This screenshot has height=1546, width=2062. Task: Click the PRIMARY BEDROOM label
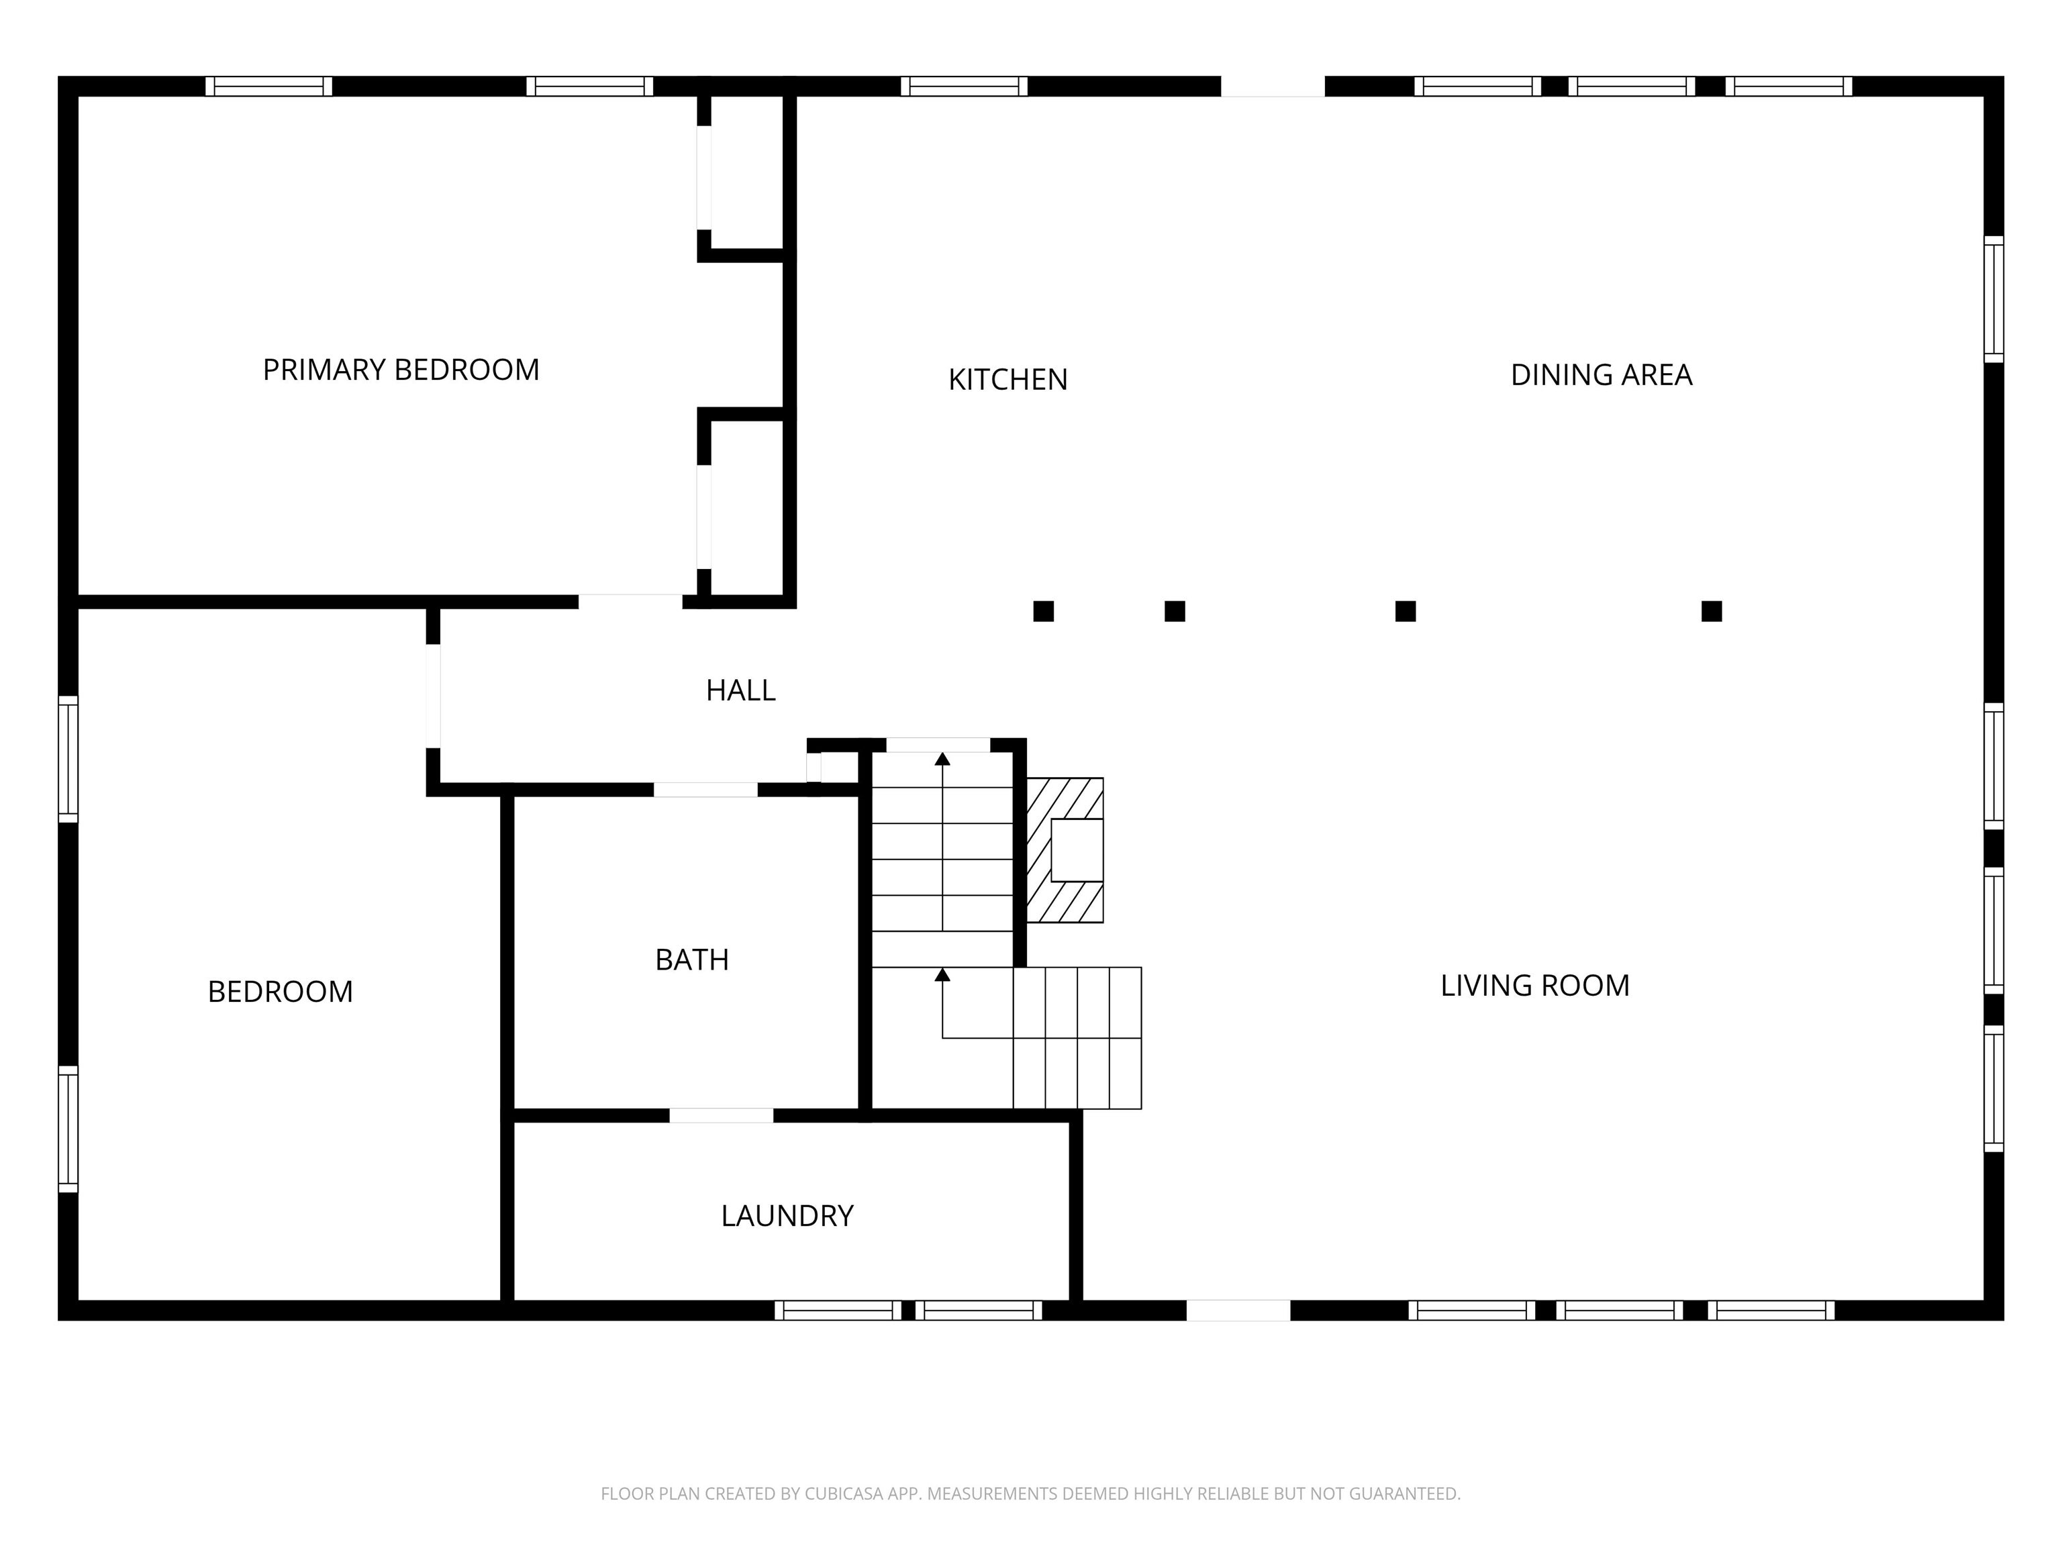[401, 370]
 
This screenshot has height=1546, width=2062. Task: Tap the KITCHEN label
[1007, 379]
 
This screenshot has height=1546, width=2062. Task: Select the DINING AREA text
[1601, 374]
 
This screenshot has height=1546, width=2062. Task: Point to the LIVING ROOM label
[1534, 985]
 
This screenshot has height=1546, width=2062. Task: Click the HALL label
[740, 690]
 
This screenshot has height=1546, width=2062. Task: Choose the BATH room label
[691, 960]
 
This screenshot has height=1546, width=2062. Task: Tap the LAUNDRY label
[787, 1216]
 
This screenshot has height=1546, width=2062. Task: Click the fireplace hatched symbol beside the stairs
[1065, 850]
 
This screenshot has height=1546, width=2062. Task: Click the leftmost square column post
[1043, 611]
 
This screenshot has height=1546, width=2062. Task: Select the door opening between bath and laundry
[721, 1115]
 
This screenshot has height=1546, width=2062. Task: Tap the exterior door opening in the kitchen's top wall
[1273, 87]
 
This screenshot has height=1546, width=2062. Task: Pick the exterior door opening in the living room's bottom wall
[1238, 1310]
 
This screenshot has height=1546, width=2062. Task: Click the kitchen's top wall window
[964, 87]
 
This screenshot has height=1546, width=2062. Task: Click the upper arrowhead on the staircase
[942, 758]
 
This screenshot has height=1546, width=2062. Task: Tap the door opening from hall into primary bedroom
[630, 602]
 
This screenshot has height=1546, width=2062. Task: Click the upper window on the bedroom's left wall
[68, 758]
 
